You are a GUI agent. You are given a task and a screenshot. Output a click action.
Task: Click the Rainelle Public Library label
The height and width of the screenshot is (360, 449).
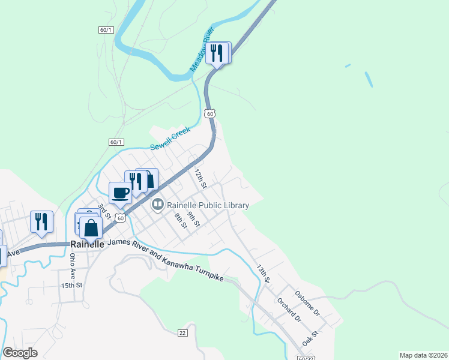point(208,205)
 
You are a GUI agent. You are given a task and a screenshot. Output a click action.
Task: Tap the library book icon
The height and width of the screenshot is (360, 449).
point(158,205)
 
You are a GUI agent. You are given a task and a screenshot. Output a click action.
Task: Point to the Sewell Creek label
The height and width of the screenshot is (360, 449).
point(170,138)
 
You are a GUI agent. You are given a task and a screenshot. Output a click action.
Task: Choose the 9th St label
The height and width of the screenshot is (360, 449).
point(193,219)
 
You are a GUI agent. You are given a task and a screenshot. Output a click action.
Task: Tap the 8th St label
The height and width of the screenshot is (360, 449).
point(179,220)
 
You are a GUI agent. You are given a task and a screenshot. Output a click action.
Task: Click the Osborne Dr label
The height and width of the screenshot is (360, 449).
point(308,304)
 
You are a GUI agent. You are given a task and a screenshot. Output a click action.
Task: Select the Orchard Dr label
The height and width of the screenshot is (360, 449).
point(289,309)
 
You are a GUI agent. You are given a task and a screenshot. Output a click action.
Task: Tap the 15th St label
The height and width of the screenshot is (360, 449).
point(71,285)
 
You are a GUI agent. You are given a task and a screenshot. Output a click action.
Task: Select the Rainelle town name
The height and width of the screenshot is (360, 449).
point(87,244)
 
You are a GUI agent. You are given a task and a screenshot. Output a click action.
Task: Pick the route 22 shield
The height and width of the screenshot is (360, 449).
point(183,332)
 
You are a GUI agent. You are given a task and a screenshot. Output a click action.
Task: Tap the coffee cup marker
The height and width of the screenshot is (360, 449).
point(120,193)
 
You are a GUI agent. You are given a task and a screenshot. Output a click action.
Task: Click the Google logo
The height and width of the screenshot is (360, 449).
point(20,353)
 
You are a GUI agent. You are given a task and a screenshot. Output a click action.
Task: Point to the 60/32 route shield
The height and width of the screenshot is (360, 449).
point(306,358)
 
